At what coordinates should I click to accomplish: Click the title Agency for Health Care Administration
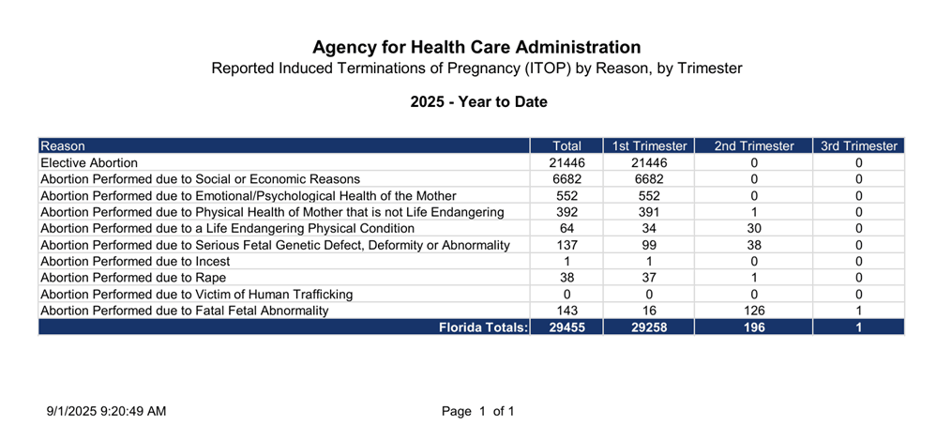click(x=476, y=47)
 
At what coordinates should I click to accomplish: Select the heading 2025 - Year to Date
click(x=478, y=102)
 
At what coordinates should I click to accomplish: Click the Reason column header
click(x=63, y=145)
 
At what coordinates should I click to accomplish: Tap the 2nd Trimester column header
click(x=754, y=145)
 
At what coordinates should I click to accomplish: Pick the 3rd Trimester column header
click(x=859, y=145)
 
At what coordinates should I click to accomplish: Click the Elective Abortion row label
click(x=89, y=162)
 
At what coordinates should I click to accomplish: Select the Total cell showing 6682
click(x=567, y=179)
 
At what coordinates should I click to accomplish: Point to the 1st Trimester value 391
click(x=649, y=212)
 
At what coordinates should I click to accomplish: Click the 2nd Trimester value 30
click(x=754, y=229)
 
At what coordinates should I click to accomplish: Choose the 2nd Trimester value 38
click(x=754, y=245)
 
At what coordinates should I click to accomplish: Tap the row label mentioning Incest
click(x=135, y=262)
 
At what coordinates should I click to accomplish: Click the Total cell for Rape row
click(x=567, y=278)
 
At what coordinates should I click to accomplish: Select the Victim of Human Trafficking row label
click(x=196, y=295)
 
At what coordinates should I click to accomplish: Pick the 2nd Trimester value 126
click(x=754, y=311)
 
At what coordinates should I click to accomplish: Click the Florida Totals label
click(x=484, y=327)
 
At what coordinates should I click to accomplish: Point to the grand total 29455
click(x=567, y=327)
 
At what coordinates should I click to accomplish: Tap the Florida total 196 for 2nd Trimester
click(x=754, y=327)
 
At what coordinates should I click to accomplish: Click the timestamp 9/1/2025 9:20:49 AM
click(x=106, y=411)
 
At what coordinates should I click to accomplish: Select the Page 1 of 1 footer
click(x=477, y=411)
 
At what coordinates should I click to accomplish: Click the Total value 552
click(x=567, y=196)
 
